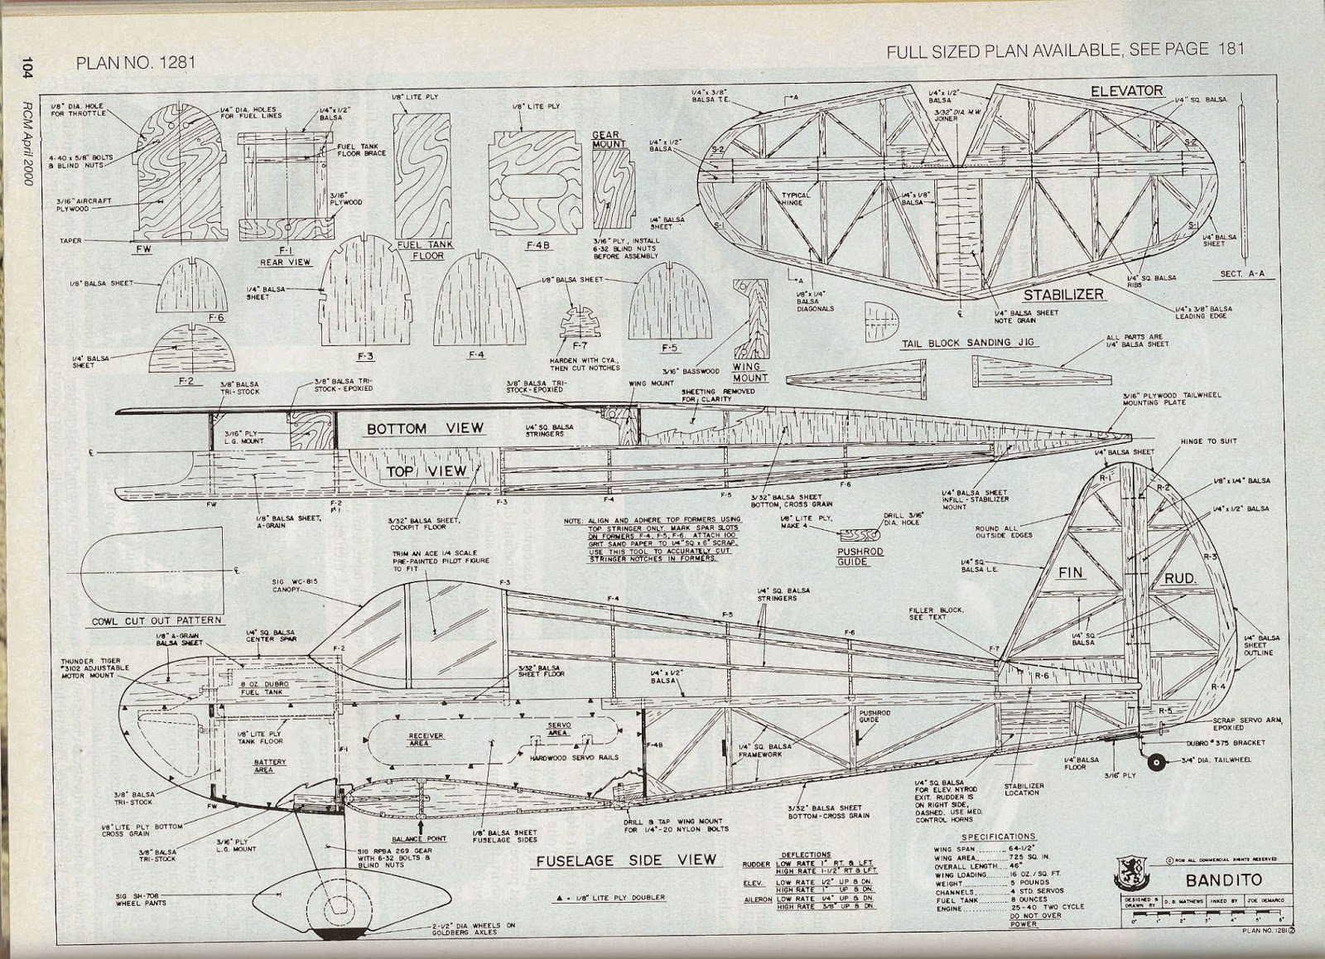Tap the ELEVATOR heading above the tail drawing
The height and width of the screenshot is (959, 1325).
[x=1126, y=90]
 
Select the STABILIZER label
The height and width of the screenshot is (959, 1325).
[x=1062, y=295]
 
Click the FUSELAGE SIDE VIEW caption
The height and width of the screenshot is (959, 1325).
[x=626, y=860]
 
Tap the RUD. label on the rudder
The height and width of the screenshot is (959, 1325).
[x=1180, y=578]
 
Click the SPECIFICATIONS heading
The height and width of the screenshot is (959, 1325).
[x=1000, y=836]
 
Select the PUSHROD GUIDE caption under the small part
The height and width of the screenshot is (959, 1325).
[x=860, y=556]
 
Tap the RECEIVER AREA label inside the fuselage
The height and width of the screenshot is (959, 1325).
[x=426, y=739]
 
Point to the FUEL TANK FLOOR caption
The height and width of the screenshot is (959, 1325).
[x=422, y=250]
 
